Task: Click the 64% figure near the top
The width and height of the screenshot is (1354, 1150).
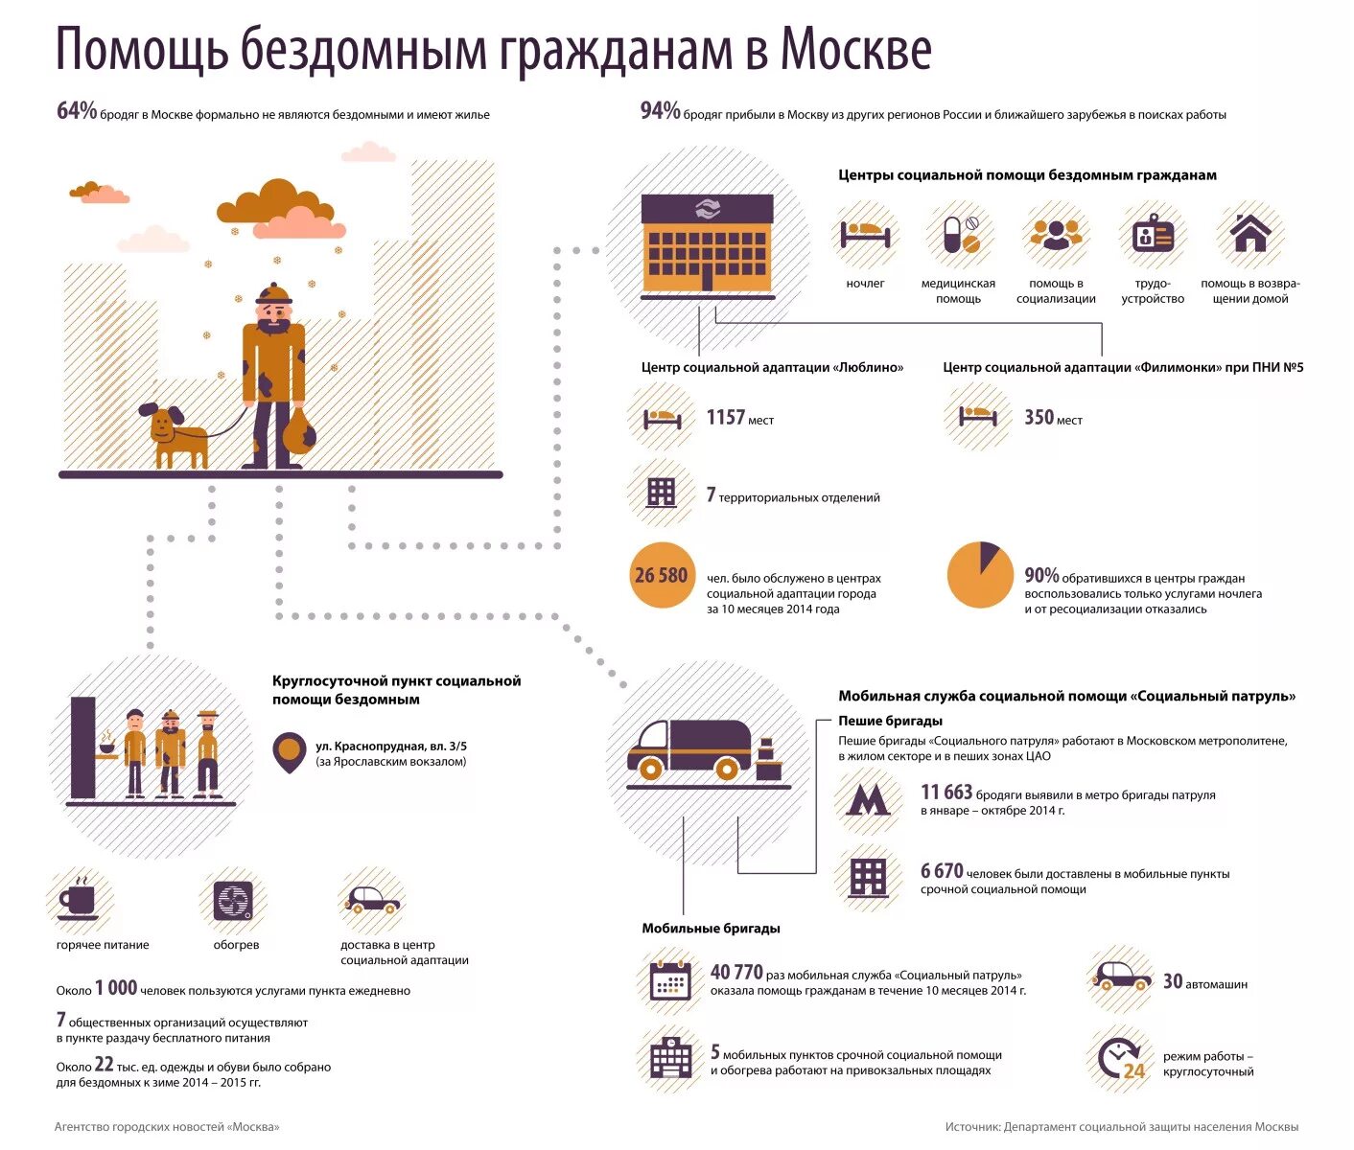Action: coord(77,111)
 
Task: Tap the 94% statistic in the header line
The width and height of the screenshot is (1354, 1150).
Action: coord(660,111)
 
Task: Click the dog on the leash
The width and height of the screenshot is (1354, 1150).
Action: coord(175,437)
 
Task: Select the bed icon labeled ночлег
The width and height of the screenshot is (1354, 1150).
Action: coord(865,234)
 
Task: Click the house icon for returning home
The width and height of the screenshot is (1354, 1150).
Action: coord(1249,233)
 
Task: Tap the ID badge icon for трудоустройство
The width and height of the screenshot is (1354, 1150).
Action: coord(1153,234)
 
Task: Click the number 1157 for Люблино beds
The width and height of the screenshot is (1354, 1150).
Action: coord(726,417)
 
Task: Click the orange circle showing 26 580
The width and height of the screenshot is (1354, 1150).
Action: coord(661,575)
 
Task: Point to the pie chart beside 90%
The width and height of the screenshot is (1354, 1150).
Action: coord(980,575)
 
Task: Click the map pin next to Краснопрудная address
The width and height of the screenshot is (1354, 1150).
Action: coord(290,753)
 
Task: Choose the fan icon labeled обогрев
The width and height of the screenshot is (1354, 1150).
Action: coord(233,900)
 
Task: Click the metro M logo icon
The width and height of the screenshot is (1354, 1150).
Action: coord(868,800)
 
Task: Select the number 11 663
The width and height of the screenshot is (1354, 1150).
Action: coord(946,793)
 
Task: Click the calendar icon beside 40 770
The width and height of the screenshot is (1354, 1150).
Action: coord(670,980)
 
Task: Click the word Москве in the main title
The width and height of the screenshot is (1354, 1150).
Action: coord(854,50)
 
